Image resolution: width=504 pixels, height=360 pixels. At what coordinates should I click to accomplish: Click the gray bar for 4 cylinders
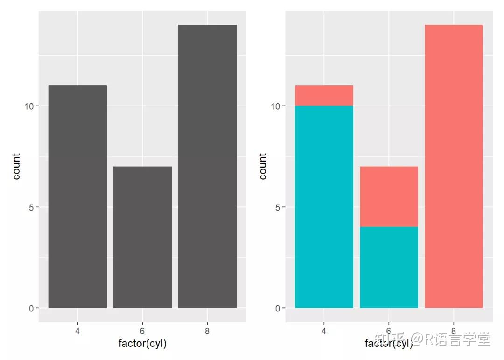point(77,197)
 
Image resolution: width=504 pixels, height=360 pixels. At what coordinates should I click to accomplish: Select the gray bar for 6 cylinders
point(142,237)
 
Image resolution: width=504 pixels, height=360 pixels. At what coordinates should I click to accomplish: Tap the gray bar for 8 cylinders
point(207,166)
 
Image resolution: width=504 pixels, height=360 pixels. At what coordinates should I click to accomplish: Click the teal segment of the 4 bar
point(324,207)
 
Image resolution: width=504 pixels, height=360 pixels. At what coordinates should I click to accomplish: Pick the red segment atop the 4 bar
point(324,96)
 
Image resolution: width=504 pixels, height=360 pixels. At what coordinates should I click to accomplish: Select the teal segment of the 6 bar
point(389,268)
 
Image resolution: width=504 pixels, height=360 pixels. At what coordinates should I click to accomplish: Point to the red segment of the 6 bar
point(389,197)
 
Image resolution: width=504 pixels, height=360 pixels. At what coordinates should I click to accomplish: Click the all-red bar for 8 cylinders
point(454,166)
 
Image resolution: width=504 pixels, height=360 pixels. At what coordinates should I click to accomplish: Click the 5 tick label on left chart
point(31,207)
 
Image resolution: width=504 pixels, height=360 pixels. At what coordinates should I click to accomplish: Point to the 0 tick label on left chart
point(31,308)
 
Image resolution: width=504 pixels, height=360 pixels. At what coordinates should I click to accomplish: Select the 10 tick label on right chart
point(276,106)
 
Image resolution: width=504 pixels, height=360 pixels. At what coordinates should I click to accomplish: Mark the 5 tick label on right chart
point(278,207)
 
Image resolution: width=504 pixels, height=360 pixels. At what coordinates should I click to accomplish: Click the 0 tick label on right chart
point(278,308)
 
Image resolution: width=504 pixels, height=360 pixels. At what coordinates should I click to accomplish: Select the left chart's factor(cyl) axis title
point(142,344)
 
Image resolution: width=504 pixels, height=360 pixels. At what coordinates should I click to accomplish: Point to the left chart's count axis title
point(16,166)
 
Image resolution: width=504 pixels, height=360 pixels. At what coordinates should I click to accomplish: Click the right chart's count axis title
point(263,166)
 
